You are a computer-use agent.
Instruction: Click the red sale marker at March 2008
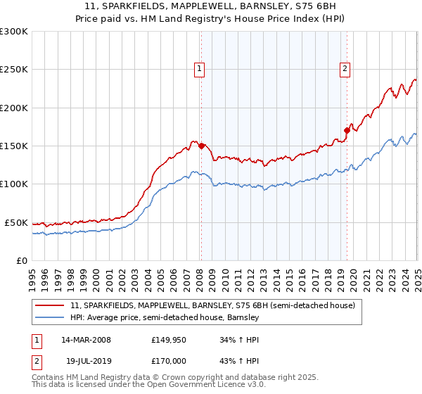[x=201, y=146]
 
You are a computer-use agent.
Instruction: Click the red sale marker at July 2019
[x=347, y=130]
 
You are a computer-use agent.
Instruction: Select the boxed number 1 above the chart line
[x=200, y=69]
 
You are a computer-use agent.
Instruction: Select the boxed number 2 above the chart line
[x=345, y=69]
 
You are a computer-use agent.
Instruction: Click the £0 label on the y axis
[x=21, y=260]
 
